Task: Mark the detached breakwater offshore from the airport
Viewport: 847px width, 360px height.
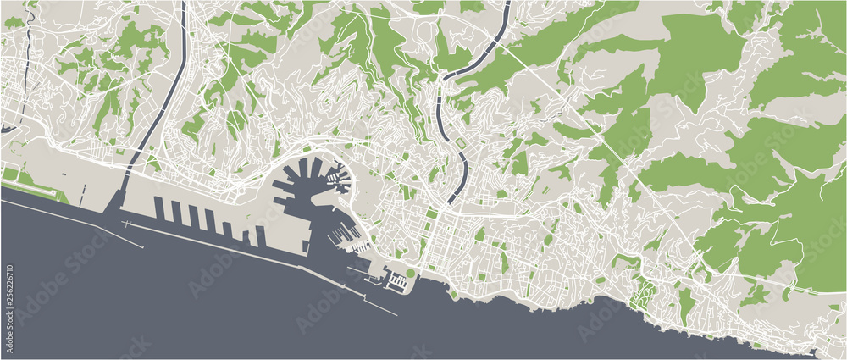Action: click(136, 233)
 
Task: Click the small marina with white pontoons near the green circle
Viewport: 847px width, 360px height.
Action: click(395, 280)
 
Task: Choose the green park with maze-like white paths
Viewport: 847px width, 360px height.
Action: click(645, 292)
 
